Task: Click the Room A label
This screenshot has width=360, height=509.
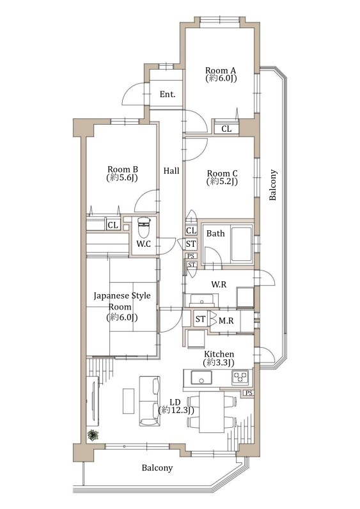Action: [x=221, y=74]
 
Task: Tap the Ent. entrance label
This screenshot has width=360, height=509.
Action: [x=168, y=95]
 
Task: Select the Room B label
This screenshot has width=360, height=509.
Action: [x=122, y=173]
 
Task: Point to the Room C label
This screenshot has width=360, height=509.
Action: [x=222, y=177]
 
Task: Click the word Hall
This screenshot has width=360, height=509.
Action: [x=171, y=171]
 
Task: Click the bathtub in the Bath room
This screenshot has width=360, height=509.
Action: [x=241, y=244]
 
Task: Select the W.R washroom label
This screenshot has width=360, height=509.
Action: [x=219, y=285]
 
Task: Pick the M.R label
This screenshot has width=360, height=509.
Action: [x=226, y=321]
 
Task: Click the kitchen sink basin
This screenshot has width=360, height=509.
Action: [x=201, y=377]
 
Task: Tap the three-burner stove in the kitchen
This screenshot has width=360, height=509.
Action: [x=240, y=377]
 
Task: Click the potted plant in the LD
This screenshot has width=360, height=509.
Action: [x=93, y=435]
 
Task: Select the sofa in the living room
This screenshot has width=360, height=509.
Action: [x=150, y=401]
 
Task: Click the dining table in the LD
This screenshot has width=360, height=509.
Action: [x=211, y=412]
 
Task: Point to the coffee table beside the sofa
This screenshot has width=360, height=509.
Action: [x=129, y=401]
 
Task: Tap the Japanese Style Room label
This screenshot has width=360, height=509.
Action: [x=121, y=306]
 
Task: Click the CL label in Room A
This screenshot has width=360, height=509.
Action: [x=226, y=129]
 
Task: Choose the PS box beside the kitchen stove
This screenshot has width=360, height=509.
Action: [x=249, y=393]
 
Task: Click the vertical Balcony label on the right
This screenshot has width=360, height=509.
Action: [x=272, y=185]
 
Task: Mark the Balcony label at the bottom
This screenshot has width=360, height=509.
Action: [x=157, y=468]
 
